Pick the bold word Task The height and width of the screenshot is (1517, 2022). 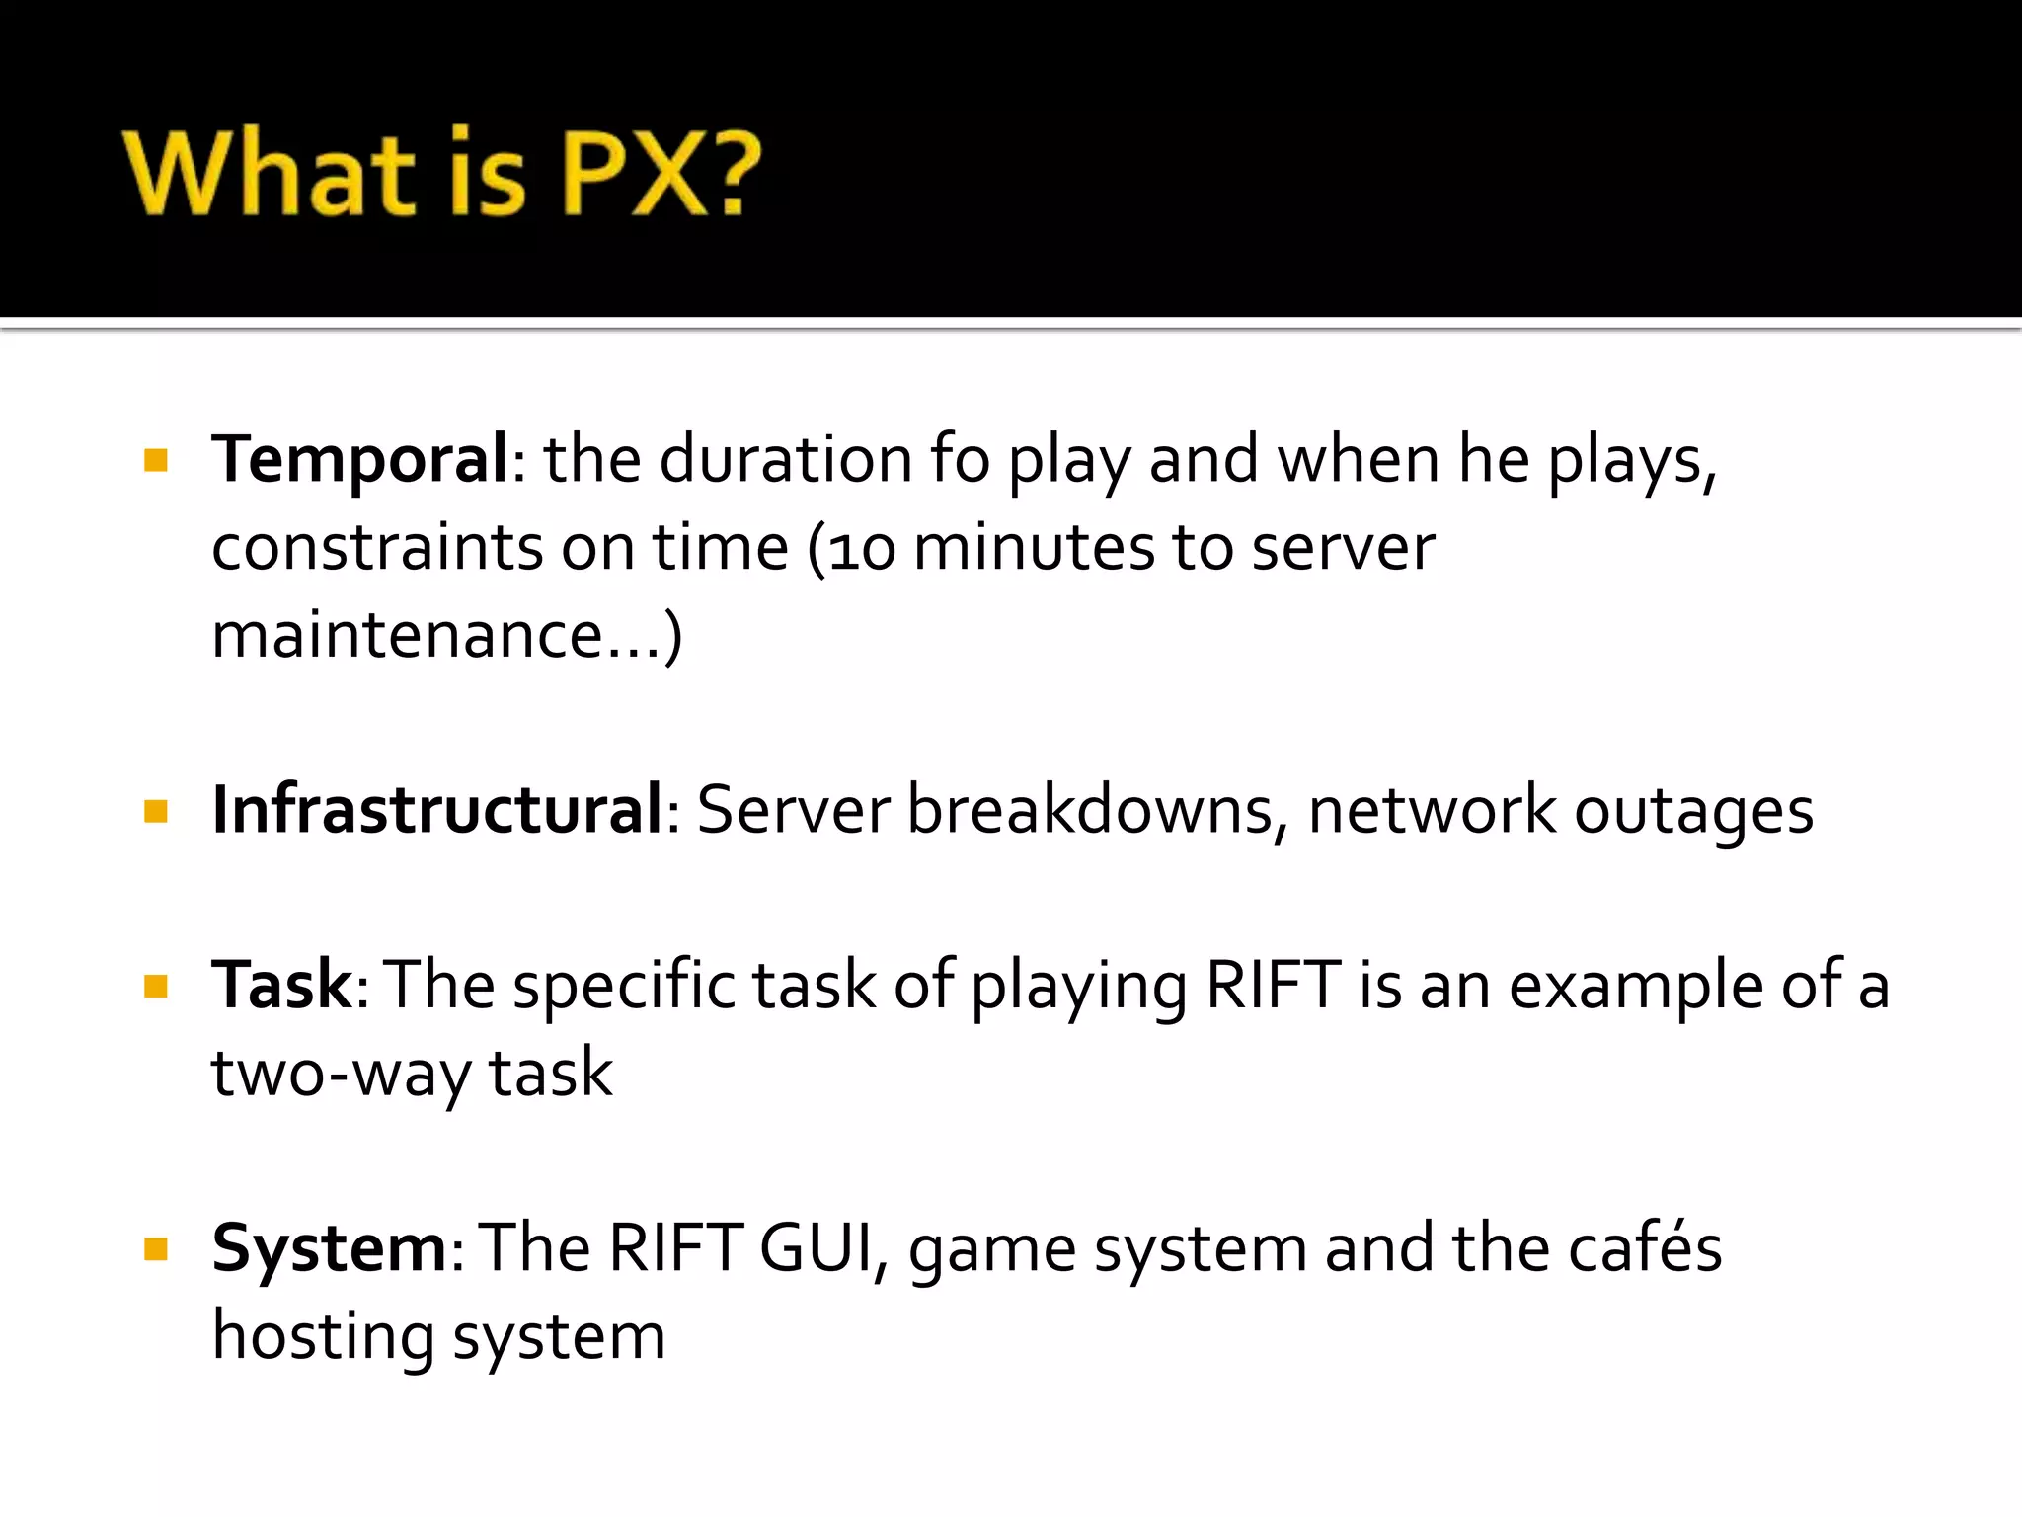[x=281, y=985]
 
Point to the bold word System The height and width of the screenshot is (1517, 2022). [x=330, y=1248]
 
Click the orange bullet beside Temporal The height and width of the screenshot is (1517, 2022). [x=156, y=460]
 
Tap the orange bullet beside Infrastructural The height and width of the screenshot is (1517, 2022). [x=156, y=812]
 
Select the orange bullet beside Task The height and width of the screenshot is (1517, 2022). [x=156, y=987]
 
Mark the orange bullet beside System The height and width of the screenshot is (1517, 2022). [x=156, y=1250]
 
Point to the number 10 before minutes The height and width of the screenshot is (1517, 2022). [x=861, y=549]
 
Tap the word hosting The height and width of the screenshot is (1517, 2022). [x=323, y=1337]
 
